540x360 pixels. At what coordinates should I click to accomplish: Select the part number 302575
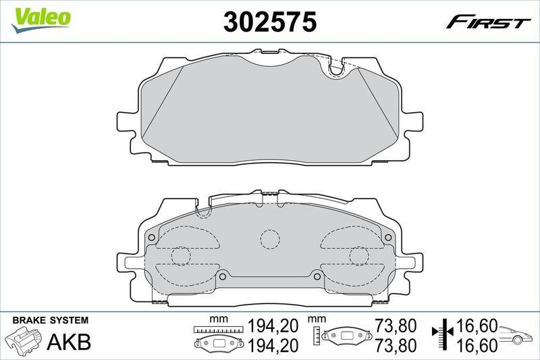tap(270, 22)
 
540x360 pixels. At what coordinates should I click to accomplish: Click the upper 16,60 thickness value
tap(478, 326)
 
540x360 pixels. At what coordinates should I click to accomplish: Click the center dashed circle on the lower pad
tap(270, 239)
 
